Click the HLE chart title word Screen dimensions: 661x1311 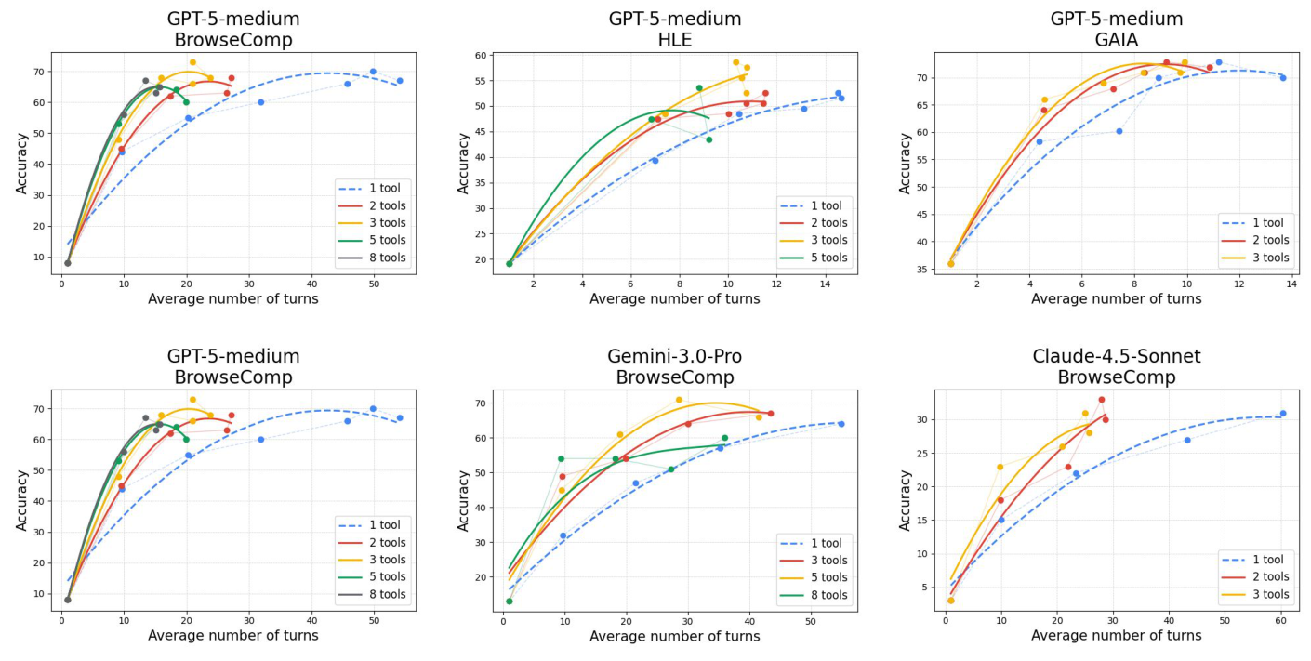[675, 39]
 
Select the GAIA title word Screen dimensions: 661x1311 [1116, 39]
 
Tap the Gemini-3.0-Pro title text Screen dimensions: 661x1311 [675, 357]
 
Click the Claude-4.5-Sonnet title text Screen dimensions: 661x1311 [1116, 357]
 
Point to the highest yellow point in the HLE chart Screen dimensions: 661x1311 [735, 62]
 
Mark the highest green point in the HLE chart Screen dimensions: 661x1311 [699, 88]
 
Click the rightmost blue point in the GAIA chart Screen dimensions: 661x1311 [1282, 78]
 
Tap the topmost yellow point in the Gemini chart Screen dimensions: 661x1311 [679, 400]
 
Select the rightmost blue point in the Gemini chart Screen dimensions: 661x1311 [841, 424]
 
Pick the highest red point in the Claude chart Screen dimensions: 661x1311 [1101, 400]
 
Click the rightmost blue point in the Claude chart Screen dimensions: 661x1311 [1282, 414]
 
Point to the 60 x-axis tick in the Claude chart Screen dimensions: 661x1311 [1280, 620]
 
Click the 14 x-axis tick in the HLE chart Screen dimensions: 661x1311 [825, 283]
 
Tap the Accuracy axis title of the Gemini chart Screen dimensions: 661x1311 [463, 500]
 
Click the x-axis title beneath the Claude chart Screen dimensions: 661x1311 [1116, 636]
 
